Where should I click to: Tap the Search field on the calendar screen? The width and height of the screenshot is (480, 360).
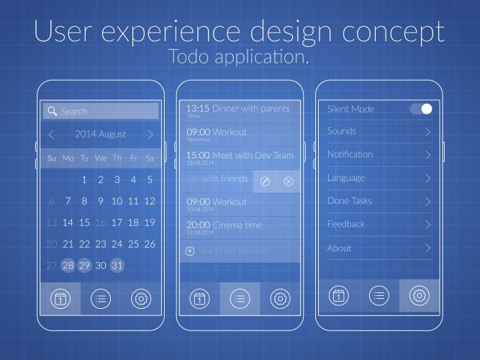point(101,112)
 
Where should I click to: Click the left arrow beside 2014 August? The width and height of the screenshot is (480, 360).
point(51,135)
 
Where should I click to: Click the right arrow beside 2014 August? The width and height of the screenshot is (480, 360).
point(150,135)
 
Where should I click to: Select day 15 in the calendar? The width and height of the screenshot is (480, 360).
point(84,222)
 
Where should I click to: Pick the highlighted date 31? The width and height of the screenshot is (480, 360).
point(117,265)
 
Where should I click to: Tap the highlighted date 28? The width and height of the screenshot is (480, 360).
point(68,265)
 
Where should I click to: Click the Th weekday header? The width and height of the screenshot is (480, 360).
point(117,158)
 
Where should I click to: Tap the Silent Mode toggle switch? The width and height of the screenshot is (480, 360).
point(422,109)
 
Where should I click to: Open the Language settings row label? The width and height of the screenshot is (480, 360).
point(346,178)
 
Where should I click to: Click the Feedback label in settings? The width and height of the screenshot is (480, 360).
point(346,225)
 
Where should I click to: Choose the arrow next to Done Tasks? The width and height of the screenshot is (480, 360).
point(427,202)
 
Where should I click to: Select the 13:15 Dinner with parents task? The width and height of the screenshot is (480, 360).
point(237,110)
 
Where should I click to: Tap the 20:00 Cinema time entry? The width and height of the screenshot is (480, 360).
point(225,227)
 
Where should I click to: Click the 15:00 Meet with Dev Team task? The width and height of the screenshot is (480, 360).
point(240,156)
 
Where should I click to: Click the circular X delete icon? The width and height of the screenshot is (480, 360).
point(289,181)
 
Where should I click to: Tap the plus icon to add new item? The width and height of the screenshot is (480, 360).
point(190,251)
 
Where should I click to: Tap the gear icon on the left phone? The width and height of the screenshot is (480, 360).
point(141,298)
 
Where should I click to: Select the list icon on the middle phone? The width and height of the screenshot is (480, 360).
point(240,298)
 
